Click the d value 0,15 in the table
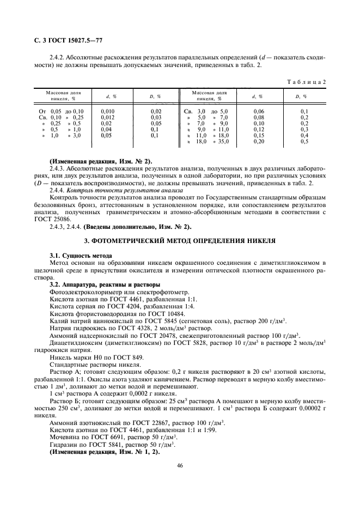[x=258, y=135]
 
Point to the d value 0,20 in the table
[x=258, y=141]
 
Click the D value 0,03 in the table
[x=156, y=117]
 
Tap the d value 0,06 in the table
[x=258, y=111]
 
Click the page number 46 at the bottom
[x=180, y=465]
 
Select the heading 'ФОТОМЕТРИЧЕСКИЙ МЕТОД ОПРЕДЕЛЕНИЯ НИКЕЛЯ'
[x=180, y=240]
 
